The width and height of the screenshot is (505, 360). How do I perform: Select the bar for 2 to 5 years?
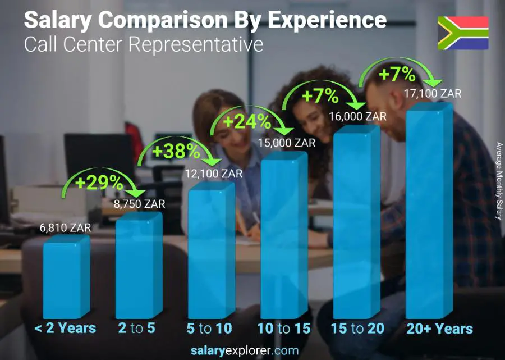pyautogui.click(x=138, y=267)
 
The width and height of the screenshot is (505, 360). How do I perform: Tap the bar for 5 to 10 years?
pyautogui.click(x=210, y=253)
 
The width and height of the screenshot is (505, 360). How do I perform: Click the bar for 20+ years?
pyautogui.click(x=429, y=213)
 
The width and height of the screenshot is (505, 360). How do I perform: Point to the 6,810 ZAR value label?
pyautogui.click(x=65, y=228)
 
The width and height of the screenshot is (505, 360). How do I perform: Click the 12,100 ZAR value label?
pyautogui.click(x=213, y=174)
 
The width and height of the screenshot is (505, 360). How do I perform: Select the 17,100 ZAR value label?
pyautogui.click(x=432, y=94)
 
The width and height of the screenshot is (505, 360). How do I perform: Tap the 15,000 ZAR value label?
pyautogui.click(x=286, y=143)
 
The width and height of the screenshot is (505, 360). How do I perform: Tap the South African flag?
pyautogui.click(x=463, y=33)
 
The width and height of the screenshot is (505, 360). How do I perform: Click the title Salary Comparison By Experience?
pyautogui.click(x=205, y=20)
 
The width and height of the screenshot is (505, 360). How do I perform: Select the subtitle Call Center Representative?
pyautogui.click(x=144, y=44)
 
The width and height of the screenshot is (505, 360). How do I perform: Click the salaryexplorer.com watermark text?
pyautogui.click(x=252, y=350)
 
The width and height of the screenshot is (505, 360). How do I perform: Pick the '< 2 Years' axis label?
pyautogui.click(x=65, y=329)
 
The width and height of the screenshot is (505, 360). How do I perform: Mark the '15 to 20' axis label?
pyautogui.click(x=357, y=329)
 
